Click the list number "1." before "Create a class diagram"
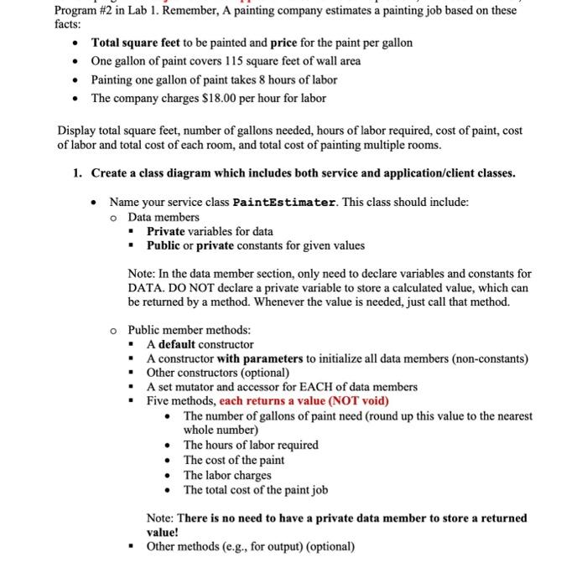point(76,173)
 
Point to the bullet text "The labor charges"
point(227,475)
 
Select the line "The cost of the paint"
point(234,460)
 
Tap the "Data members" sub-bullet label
point(164,217)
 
